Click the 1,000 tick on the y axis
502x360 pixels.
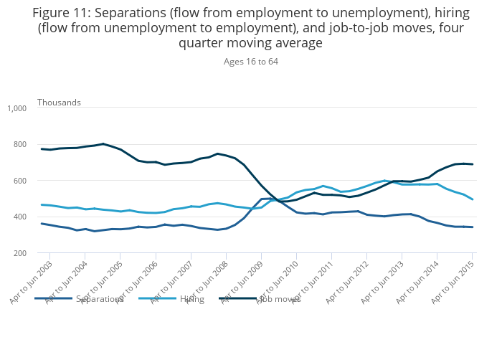click(x=16, y=108)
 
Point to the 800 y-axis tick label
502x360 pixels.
click(x=19, y=145)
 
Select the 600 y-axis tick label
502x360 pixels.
click(x=19, y=181)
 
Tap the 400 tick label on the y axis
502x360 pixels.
click(x=19, y=217)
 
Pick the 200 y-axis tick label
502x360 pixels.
click(x=19, y=253)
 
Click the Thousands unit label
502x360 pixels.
click(x=59, y=103)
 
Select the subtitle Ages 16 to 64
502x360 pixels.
click(x=250, y=62)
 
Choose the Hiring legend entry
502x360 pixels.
click(x=192, y=298)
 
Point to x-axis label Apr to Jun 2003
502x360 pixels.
click(x=32, y=280)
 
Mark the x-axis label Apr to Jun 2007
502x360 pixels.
click(x=173, y=280)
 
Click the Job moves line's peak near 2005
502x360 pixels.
click(x=103, y=144)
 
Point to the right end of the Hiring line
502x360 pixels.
click(x=473, y=199)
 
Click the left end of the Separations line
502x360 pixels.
click(x=42, y=224)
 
